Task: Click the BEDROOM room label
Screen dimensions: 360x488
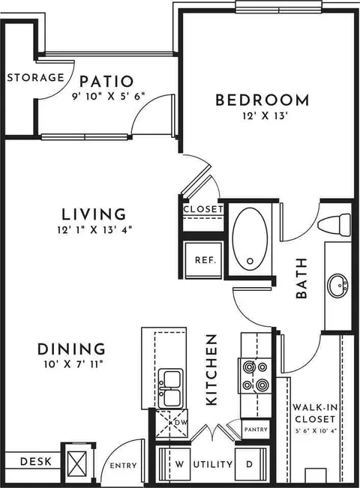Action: (262, 100)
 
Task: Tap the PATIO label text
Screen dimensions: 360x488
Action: (106, 82)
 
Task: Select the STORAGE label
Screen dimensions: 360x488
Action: (35, 77)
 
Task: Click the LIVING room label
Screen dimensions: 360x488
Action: (94, 214)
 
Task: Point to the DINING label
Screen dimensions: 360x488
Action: (71, 349)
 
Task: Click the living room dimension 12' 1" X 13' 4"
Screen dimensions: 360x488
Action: (94, 230)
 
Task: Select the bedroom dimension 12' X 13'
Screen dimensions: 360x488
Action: (265, 116)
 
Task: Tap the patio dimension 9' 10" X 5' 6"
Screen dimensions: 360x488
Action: (109, 97)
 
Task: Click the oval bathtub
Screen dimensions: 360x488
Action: (250, 238)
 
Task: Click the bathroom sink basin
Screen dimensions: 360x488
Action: (338, 285)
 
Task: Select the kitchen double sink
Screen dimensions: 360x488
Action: (170, 388)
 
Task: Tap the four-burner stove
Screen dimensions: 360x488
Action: (255, 376)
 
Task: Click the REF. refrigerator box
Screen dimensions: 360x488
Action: (204, 260)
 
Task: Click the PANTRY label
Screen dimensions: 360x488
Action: (256, 430)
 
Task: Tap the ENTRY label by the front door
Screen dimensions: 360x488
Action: (123, 466)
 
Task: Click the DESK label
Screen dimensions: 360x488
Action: (36, 462)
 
